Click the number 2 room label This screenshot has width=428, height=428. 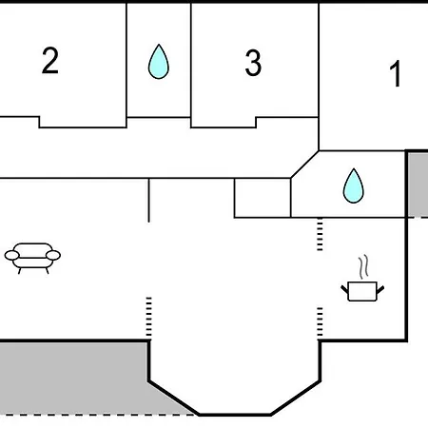(50, 61)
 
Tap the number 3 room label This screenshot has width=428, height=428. (253, 63)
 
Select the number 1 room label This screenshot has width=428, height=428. (396, 74)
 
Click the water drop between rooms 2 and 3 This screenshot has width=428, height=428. (159, 61)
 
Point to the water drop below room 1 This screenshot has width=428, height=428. (354, 185)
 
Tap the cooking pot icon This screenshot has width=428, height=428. (362, 291)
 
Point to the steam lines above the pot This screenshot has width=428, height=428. (364, 267)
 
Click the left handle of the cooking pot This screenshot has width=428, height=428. (344, 289)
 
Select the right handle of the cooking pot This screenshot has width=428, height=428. (380, 289)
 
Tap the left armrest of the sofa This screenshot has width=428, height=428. (11, 255)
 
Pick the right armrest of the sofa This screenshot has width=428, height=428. (53, 255)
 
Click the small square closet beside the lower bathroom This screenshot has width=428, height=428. (263, 198)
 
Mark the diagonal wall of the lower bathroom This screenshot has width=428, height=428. (304, 165)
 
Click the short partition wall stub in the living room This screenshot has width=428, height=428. (148, 200)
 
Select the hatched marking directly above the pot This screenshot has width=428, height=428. (320, 234)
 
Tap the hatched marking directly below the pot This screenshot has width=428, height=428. (320, 322)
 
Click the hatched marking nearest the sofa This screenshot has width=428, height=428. (148, 318)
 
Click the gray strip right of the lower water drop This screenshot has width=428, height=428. (418, 185)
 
